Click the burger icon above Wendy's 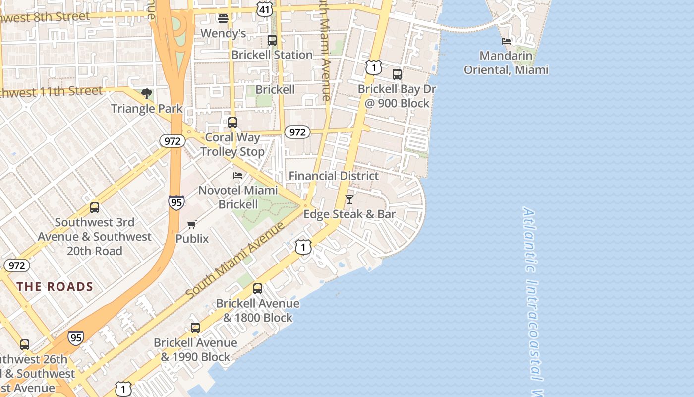tap(223, 19)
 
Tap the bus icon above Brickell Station tap(272, 40)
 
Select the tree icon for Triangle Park tap(146, 94)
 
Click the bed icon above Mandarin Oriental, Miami tap(506, 41)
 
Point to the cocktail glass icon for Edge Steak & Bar tap(349, 199)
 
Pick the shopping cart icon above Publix tap(192, 224)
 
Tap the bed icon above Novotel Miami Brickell tap(238, 176)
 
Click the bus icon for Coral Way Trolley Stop tap(232, 122)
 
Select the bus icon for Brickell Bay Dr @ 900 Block tap(397, 74)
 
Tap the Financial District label tap(334, 176)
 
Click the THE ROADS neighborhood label tap(55, 286)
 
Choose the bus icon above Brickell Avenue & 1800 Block tap(257, 289)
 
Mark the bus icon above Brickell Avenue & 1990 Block tap(195, 328)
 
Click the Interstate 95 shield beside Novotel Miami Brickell tap(176, 202)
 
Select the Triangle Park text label tap(147, 108)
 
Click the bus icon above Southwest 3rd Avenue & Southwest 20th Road tap(94, 208)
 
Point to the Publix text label tap(192, 239)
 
